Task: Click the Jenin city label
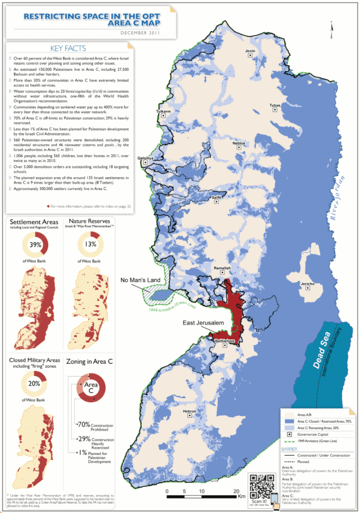point(250,51)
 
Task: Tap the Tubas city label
point(275,105)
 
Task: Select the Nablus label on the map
point(239,143)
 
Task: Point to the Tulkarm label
point(164,111)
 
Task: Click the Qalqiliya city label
point(145,158)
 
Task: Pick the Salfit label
point(217,197)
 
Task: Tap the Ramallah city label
point(222,268)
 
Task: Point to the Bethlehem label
point(225,341)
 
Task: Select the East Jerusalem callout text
point(202,323)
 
